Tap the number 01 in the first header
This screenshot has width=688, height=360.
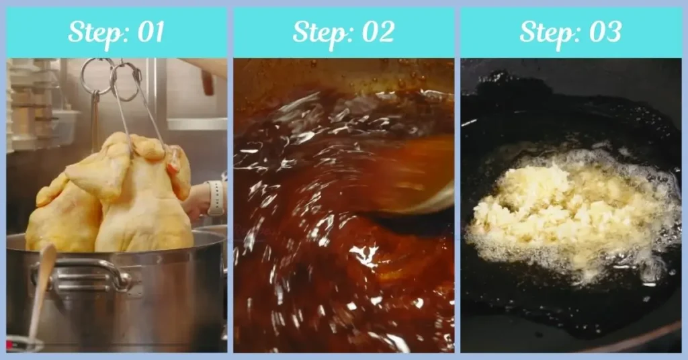tap(148, 32)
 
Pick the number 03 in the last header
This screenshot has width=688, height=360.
tap(603, 32)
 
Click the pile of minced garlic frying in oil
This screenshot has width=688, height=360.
tap(537, 208)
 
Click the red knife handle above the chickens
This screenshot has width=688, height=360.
tap(208, 84)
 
